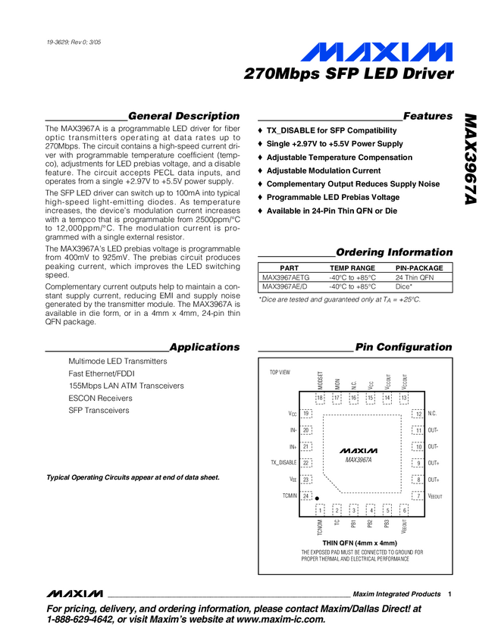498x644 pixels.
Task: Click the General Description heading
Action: coord(184,116)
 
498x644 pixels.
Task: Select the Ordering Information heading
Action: coord(394,252)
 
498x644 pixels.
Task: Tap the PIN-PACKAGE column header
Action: coord(419,268)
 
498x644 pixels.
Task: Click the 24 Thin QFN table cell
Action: coord(414,278)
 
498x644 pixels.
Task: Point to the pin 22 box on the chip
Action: coord(306,463)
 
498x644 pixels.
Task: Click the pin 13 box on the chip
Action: coord(404,398)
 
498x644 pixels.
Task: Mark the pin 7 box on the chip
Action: coord(417,496)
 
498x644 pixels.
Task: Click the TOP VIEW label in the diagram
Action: coord(280,373)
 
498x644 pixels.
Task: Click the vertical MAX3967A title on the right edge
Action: coord(471,160)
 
